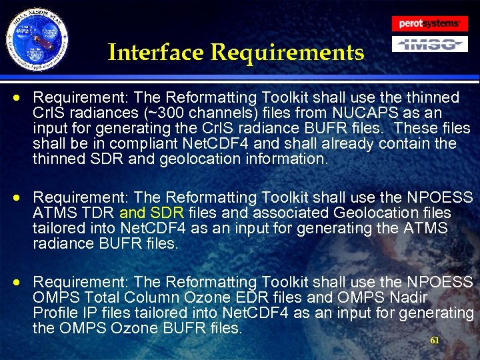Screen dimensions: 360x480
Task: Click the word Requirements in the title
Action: click(288, 52)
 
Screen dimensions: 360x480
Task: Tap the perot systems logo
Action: click(429, 23)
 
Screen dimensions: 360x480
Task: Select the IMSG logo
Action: click(429, 45)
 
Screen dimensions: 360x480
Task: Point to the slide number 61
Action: click(435, 340)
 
